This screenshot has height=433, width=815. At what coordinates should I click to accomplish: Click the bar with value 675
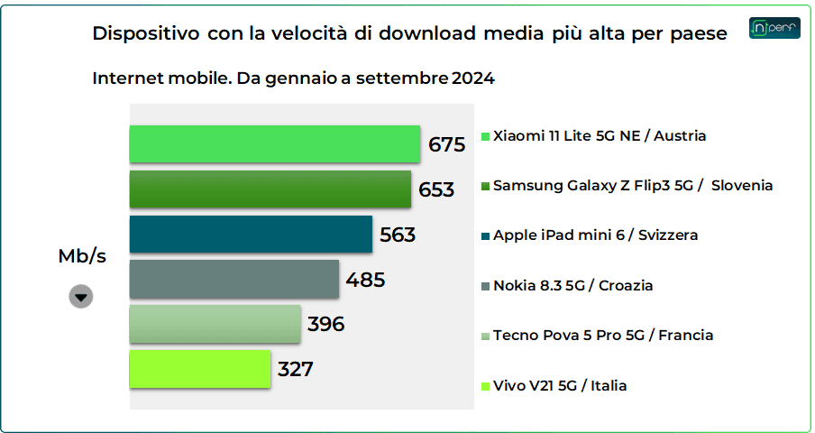pyautogui.click(x=275, y=144)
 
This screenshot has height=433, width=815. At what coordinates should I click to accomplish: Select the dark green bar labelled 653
pyautogui.click(x=270, y=189)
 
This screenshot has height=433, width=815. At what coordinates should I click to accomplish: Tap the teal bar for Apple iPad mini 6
pyautogui.click(x=251, y=235)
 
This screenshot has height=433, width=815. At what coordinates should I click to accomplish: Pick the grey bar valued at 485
pyautogui.click(x=234, y=280)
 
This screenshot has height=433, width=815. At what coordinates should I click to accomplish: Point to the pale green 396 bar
pyautogui.click(x=215, y=324)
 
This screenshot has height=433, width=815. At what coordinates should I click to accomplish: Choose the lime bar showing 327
pyautogui.click(x=200, y=369)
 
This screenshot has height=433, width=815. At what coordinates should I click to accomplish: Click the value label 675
pyautogui.click(x=446, y=145)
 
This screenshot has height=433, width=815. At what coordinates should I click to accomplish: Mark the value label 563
pyautogui.click(x=398, y=235)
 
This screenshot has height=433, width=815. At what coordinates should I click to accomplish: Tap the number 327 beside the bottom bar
pyautogui.click(x=296, y=370)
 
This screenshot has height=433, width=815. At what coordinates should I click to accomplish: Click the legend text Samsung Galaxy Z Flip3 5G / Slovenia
pyautogui.click(x=633, y=186)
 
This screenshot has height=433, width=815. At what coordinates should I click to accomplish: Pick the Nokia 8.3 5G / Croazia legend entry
pyautogui.click(x=572, y=286)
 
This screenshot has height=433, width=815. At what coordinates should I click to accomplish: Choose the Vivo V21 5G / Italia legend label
pyautogui.click(x=560, y=386)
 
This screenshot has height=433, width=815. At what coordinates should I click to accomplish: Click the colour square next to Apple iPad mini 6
pyautogui.click(x=486, y=236)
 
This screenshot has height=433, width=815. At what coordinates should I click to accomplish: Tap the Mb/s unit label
pyautogui.click(x=82, y=256)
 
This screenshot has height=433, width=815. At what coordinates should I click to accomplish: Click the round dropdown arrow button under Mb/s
pyautogui.click(x=81, y=297)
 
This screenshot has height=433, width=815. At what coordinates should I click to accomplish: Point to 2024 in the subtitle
pyautogui.click(x=473, y=78)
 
